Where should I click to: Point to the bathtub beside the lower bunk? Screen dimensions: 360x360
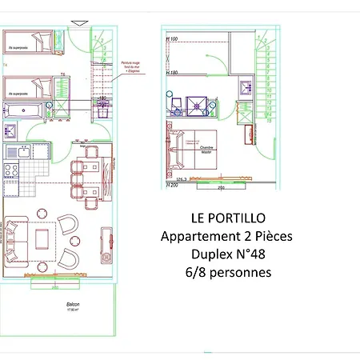click(x=27, y=110)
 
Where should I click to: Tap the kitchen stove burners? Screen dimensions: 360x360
click(x=12, y=170)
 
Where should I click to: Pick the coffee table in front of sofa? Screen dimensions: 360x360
click(x=42, y=237)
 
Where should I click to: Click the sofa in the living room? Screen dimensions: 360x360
click(x=15, y=238)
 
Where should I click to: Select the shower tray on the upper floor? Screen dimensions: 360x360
click(x=195, y=104)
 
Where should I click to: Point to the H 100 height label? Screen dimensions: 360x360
click(x=171, y=38)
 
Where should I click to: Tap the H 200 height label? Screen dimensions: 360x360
click(x=171, y=186)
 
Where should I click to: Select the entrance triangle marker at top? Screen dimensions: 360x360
click(x=77, y=24)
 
